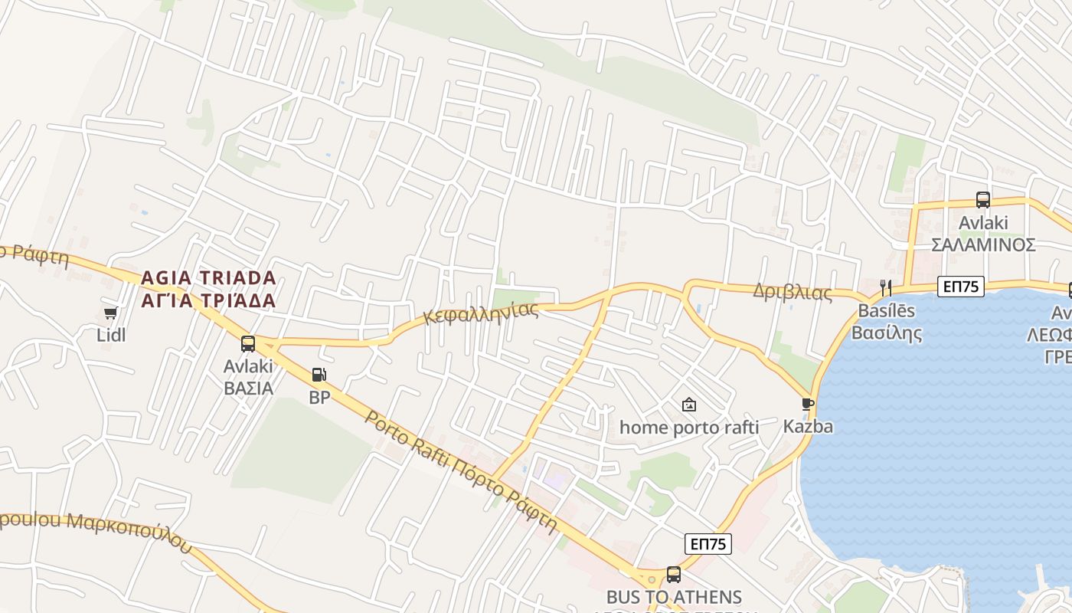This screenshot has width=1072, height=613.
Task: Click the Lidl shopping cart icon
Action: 110,313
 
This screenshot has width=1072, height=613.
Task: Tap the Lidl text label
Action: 111,335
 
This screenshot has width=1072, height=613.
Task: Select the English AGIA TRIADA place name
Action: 208,277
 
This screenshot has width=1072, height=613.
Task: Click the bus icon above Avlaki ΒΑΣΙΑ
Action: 248,343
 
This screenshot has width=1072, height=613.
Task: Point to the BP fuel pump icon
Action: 319,375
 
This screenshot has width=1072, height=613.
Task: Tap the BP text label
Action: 319,398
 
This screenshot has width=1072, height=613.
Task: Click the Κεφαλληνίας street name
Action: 481,313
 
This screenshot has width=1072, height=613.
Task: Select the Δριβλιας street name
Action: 792,292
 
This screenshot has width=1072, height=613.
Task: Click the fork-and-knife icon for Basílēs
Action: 885,288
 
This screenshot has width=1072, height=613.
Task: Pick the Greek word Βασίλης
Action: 887,333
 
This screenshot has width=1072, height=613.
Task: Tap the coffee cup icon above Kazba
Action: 807,403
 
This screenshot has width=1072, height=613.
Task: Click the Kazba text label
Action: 808,426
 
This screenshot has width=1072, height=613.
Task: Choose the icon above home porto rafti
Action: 689,405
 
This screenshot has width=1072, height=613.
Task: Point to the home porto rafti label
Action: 689,427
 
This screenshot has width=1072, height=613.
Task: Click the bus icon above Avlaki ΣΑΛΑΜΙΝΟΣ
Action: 983,200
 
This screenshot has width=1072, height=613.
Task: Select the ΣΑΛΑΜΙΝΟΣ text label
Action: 983,245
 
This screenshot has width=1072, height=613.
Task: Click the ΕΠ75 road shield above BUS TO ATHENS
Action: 708,544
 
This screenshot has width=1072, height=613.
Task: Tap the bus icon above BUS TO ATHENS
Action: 674,574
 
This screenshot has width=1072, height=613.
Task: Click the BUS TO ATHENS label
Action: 674,597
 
